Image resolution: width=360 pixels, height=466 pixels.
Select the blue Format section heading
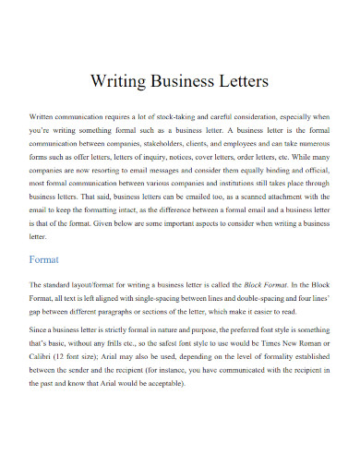tap(45, 260)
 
